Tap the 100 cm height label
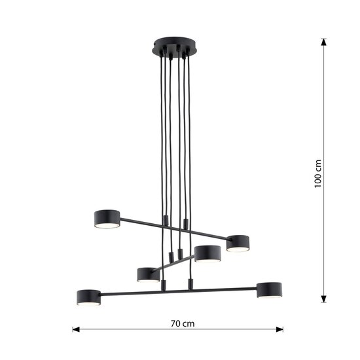pos(319,172)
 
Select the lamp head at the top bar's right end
pos(239,242)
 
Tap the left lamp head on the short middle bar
pos(149,274)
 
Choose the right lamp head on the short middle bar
pos(206,253)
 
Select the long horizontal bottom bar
pos(177,289)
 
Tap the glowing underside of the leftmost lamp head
pos(89,303)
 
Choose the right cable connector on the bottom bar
pos(190,283)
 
